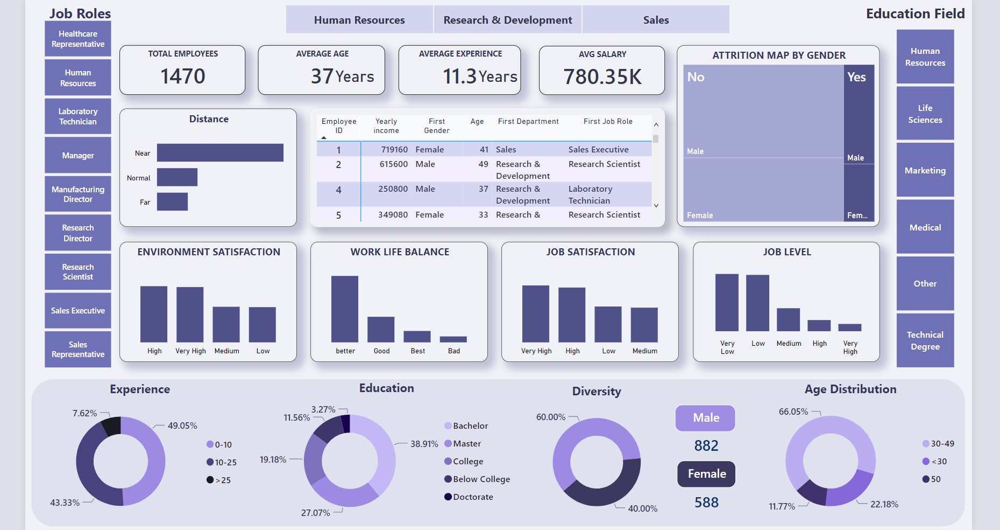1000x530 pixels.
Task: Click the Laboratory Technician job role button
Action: coord(77,116)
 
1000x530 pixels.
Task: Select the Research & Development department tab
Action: coord(507,20)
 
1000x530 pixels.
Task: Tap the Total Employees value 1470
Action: coord(182,76)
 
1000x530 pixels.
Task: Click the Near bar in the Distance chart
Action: coord(219,152)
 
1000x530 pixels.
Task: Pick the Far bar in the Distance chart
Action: coord(172,201)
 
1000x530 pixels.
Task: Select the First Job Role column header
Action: coord(608,122)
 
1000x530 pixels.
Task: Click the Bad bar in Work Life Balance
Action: coord(453,339)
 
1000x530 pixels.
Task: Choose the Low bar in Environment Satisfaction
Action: coord(262,324)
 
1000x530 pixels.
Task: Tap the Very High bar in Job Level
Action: coord(849,327)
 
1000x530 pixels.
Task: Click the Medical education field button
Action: coord(925,227)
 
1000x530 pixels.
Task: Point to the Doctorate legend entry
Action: coord(472,497)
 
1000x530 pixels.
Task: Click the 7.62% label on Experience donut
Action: coord(84,413)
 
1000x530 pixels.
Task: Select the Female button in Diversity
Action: coord(706,474)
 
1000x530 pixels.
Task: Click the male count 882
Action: coord(706,446)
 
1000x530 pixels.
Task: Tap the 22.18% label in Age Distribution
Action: coord(884,504)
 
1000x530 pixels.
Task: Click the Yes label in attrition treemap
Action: coord(856,77)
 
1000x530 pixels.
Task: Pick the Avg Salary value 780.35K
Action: coord(602,77)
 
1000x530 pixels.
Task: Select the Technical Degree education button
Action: coord(925,340)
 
